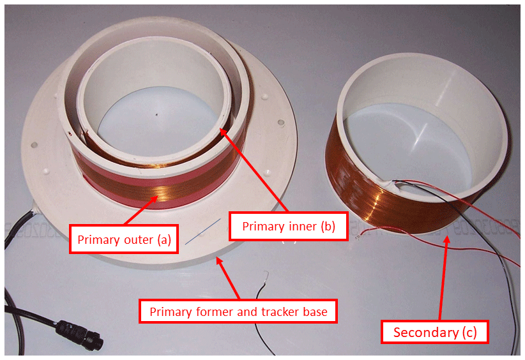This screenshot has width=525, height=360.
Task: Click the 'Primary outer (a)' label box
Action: (x=124, y=239)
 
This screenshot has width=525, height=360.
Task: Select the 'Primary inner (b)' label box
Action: (x=289, y=226)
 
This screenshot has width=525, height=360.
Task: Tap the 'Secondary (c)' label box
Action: (x=434, y=332)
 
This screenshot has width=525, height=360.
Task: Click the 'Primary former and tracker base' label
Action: (x=238, y=311)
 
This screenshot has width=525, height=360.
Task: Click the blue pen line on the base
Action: (x=203, y=231)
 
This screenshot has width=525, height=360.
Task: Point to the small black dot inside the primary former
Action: (x=156, y=114)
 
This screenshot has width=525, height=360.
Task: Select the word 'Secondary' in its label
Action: (x=425, y=332)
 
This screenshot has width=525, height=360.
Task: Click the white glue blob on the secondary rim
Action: (x=388, y=183)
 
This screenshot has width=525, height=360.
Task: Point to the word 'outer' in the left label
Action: (x=139, y=239)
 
